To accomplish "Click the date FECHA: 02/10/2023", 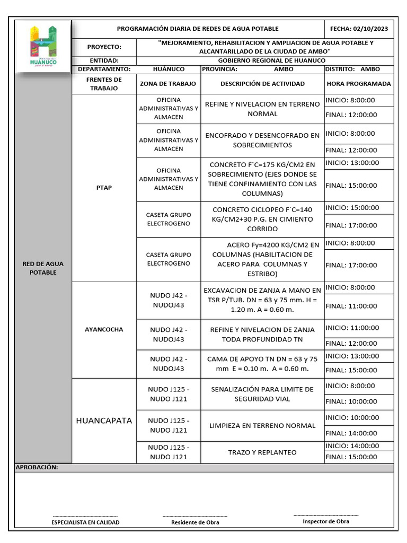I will pos(359,29).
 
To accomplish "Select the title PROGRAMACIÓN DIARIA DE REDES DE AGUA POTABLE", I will pos(197,29).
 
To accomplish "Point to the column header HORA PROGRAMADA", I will pos(359,84).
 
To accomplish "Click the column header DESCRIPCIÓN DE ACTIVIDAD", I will pos(262,84).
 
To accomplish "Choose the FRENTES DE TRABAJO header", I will pos(104,84).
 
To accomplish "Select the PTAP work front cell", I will pos(104,188).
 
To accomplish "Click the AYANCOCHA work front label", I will pos(104,329).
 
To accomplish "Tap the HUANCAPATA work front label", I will pos(104,421).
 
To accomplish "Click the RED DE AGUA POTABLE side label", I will pos(43,268).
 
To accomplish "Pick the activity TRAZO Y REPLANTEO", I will pos(262,452).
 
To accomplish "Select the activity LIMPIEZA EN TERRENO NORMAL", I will pos(262,425).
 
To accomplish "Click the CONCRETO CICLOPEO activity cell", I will pos(262,219).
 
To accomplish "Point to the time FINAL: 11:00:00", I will pos(351,306).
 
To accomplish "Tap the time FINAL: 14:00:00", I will pos(351,433).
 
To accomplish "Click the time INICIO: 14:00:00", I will pos(352,446).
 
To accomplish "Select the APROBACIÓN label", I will pos(37,468).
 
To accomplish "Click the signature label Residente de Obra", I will pos(195,522).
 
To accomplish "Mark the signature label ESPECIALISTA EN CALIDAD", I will pos(85,522).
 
